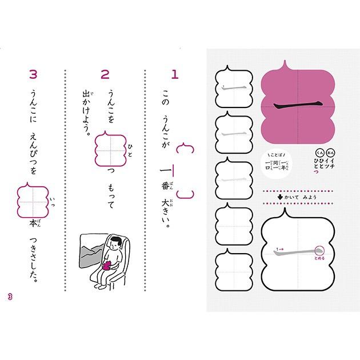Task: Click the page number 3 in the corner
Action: [x=9, y=295]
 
